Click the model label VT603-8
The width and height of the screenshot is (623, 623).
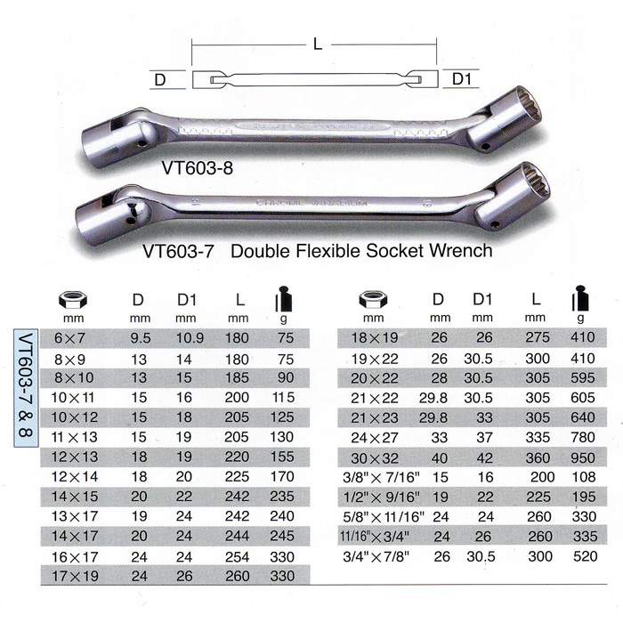tap(198, 166)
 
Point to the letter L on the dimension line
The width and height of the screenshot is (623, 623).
tap(318, 44)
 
